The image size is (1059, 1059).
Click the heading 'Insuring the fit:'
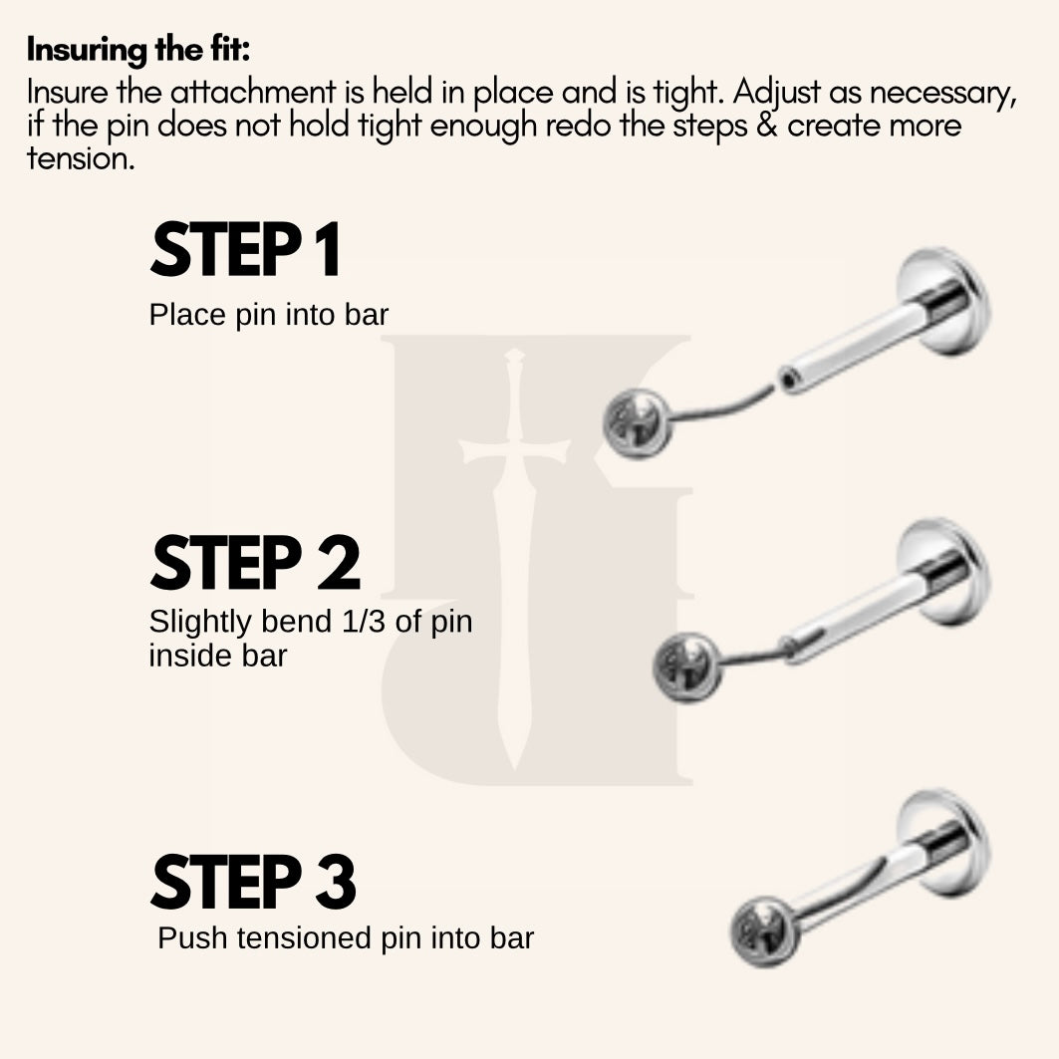(138, 49)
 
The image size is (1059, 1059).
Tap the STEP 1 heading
(245, 250)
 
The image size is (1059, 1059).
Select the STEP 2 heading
(255, 563)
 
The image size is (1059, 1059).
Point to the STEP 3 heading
(253, 881)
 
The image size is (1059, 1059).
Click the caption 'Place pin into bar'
(269, 316)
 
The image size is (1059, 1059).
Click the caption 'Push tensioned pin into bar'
(346, 938)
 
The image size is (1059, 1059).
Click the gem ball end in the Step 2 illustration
(686, 665)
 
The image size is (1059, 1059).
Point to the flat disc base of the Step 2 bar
(945, 572)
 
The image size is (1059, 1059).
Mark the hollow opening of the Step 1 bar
(788, 382)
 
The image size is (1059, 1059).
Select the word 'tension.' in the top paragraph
(81, 159)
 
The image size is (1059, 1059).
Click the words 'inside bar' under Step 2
(218, 656)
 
